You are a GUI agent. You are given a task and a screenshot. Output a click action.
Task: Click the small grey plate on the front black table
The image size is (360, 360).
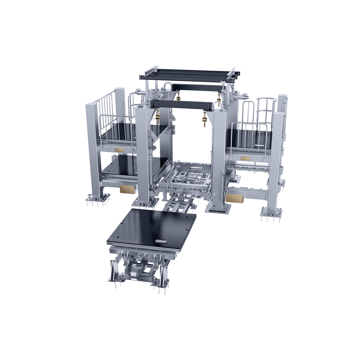161,241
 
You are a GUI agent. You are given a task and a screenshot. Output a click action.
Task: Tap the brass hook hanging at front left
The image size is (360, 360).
158,117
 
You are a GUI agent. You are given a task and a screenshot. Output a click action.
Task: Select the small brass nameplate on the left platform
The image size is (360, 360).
119,150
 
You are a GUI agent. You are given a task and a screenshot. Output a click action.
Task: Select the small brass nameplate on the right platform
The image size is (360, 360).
246,158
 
